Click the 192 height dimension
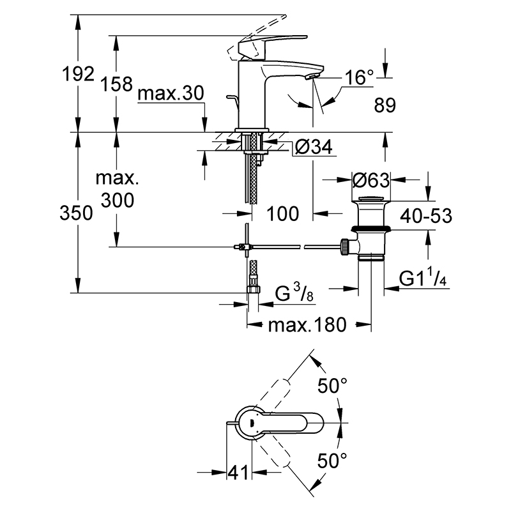click(78, 74)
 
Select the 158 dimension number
click(116, 84)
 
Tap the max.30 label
click(171, 93)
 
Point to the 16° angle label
click(359, 77)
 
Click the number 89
click(385, 105)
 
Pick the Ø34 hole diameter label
click(314, 147)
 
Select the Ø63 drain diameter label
click(371, 180)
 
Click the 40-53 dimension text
click(426, 216)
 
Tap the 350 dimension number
click(76, 213)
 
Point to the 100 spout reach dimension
click(282, 214)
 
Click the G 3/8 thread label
click(294, 293)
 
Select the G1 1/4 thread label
click(423, 278)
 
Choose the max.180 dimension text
click(307, 325)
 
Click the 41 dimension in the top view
click(238, 472)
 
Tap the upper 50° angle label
click(332, 386)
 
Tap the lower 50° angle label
click(332, 460)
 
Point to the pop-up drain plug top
click(371, 199)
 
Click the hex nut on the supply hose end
click(253, 289)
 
